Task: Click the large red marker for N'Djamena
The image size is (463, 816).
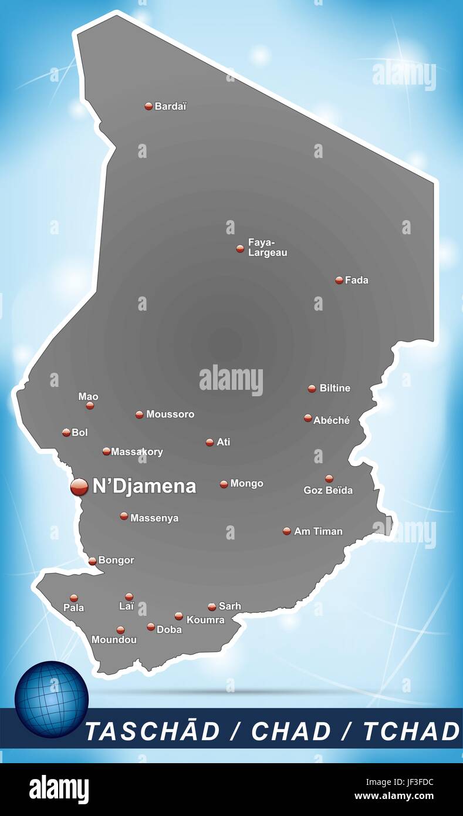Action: (79, 487)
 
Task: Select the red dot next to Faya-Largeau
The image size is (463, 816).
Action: (240, 249)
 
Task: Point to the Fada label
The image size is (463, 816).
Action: (357, 281)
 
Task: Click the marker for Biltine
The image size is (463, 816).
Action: (312, 389)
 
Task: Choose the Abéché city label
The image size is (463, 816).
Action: (332, 420)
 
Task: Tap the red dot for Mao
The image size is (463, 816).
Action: (90, 406)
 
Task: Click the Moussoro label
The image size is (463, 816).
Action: (170, 414)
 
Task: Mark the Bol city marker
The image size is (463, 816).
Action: (66, 433)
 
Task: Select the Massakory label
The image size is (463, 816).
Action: (137, 452)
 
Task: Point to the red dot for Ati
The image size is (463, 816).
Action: (209, 443)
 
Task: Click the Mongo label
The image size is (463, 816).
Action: (246, 484)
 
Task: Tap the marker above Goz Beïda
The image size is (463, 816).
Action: (329, 478)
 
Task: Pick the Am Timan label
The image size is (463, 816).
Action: (318, 531)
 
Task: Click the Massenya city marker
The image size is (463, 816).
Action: (124, 517)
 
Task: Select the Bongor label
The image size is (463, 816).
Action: (116, 561)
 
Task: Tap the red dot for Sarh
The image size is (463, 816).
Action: (212, 607)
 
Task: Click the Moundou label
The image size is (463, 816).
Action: (114, 640)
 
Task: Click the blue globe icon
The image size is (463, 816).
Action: (52, 699)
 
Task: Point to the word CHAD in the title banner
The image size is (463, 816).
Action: (291, 731)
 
